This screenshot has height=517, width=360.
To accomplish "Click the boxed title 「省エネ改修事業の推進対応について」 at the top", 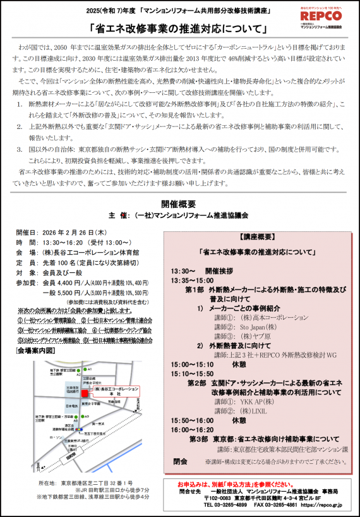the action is [x=180, y=29].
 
